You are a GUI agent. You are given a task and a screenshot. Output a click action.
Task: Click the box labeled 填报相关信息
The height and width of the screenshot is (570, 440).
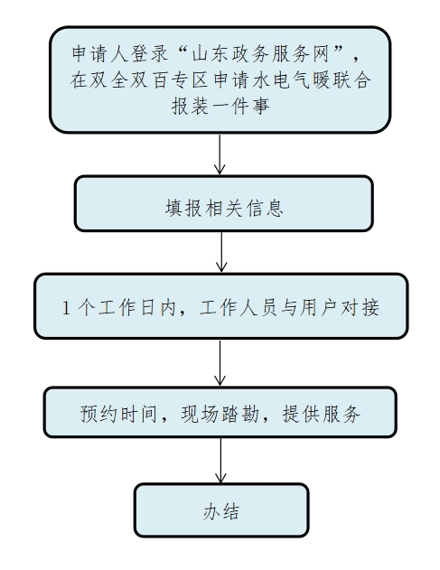224,203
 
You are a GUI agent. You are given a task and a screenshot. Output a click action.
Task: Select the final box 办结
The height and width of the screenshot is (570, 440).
221,510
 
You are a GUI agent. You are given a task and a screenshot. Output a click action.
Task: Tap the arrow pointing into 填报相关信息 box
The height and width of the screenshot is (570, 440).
220,154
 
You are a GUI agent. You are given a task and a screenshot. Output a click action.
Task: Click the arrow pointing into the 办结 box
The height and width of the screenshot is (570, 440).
220,460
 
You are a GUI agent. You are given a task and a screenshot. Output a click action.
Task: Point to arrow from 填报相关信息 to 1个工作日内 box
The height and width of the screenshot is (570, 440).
221,252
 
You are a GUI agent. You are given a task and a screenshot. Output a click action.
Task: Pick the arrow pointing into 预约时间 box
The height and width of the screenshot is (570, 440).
220,363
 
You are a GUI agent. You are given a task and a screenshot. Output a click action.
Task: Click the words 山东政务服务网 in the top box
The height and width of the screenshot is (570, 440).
260,54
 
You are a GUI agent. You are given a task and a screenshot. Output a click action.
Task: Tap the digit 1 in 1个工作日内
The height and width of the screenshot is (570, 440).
66,307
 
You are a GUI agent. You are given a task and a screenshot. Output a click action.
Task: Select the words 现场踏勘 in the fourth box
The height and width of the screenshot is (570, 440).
220,414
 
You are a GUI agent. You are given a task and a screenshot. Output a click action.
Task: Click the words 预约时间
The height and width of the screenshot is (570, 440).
118,414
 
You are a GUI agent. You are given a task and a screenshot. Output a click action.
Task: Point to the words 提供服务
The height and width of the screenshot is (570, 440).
322,414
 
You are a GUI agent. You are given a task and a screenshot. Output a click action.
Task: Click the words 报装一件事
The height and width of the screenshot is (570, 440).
220,107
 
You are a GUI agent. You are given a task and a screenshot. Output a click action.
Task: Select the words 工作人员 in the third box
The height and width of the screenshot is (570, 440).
239,307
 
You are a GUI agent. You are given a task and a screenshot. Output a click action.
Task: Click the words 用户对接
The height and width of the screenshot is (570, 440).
340,307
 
